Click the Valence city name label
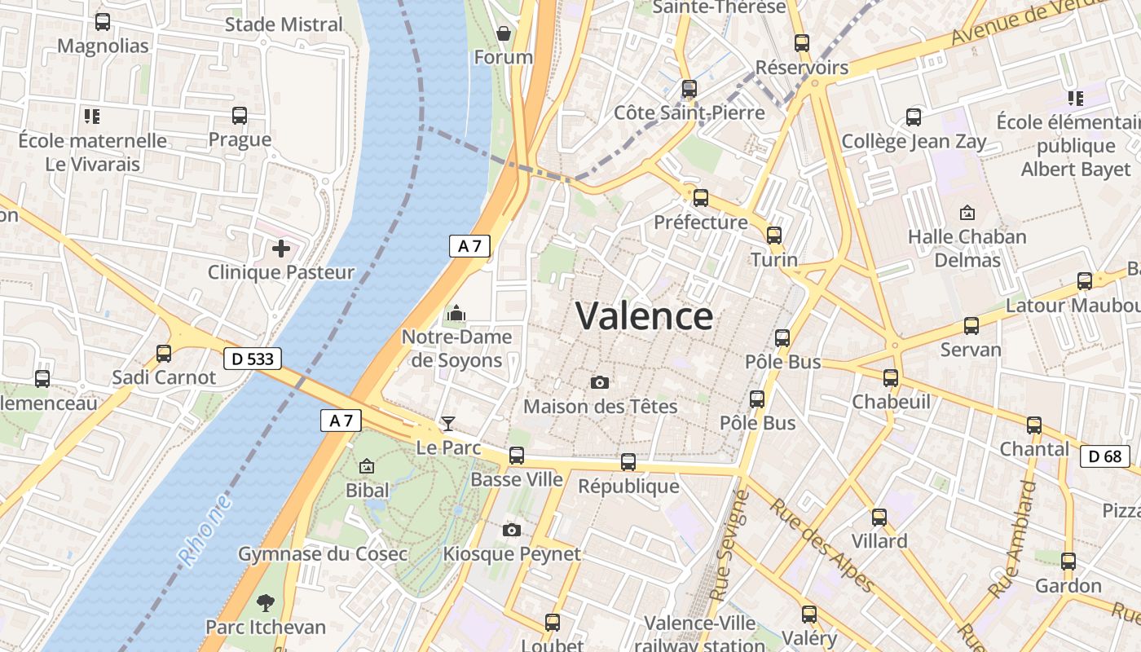click(644, 316)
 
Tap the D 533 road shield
click(252, 358)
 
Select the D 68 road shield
click(1105, 456)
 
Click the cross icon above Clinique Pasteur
click(281, 249)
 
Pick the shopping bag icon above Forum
click(504, 33)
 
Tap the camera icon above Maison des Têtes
click(600, 382)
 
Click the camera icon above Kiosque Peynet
click(512, 531)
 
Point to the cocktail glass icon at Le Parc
click(447, 423)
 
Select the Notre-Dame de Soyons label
click(456, 348)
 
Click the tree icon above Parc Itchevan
click(265, 603)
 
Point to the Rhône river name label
click(205, 531)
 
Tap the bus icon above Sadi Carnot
click(164, 354)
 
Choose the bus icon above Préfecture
click(700, 198)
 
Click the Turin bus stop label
click(774, 259)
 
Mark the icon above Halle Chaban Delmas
click(967, 213)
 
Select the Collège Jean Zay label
click(914, 142)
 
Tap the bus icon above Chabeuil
click(891, 378)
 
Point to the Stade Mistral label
click(284, 24)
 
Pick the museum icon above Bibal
click(367, 467)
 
